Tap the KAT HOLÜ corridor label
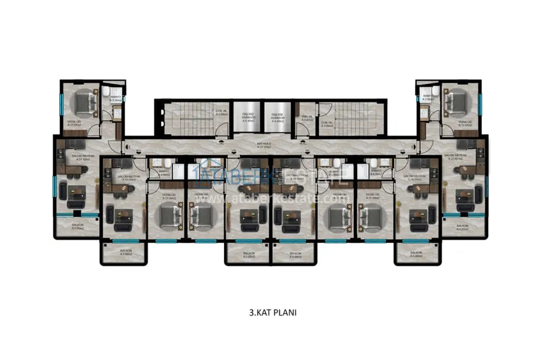(x=263, y=144)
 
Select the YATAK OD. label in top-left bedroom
(x=74, y=123)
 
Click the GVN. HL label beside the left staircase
(x=221, y=111)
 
